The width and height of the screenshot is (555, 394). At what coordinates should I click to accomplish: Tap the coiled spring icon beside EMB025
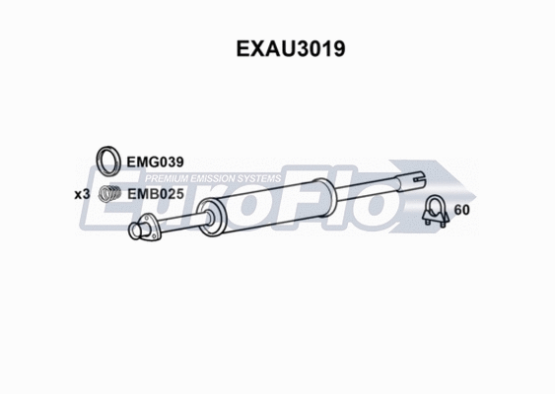coord(113,194)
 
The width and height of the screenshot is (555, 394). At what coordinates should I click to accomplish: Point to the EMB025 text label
coord(157,194)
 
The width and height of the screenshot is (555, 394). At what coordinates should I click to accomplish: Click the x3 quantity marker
coord(83,194)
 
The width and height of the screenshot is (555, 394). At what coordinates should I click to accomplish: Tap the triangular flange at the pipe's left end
coord(149,232)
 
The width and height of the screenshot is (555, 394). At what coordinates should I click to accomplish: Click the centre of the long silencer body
coord(277,201)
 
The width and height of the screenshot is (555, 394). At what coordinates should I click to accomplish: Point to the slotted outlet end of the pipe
coord(416,180)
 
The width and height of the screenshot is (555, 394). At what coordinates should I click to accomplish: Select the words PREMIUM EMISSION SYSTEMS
coord(211,178)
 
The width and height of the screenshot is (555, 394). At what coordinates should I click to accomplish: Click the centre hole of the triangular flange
coord(150,231)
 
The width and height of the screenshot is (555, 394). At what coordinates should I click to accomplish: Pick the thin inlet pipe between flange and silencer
coord(178,224)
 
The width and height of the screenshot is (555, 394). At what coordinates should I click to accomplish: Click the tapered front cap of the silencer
coord(208,216)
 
